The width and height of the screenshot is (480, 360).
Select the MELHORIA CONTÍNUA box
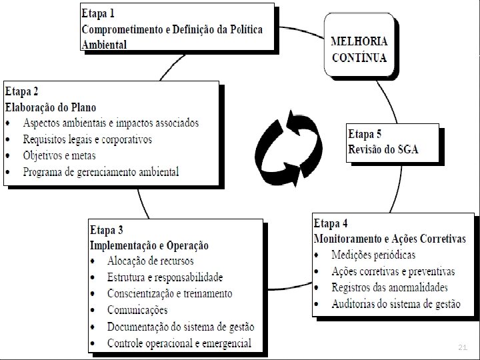click(359, 49)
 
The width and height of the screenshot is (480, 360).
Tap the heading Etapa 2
click(21, 91)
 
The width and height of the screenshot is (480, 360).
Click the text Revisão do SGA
click(383, 149)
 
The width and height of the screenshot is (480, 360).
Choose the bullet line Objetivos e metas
click(59, 155)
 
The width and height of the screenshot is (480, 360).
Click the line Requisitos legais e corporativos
click(87, 139)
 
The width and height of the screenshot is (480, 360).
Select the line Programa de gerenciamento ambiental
click(101, 172)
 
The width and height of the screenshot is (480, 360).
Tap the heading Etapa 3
click(107, 230)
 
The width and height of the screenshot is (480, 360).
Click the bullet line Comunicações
click(137, 310)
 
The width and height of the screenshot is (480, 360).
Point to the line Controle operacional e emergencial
click(179, 343)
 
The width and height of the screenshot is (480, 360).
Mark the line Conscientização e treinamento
click(169, 293)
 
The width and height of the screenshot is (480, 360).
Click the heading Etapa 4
click(331, 223)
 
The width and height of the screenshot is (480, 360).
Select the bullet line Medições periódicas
click(373, 255)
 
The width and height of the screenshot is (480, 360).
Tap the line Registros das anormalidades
click(389, 288)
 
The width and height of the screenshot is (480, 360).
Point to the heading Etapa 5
click(365, 133)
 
